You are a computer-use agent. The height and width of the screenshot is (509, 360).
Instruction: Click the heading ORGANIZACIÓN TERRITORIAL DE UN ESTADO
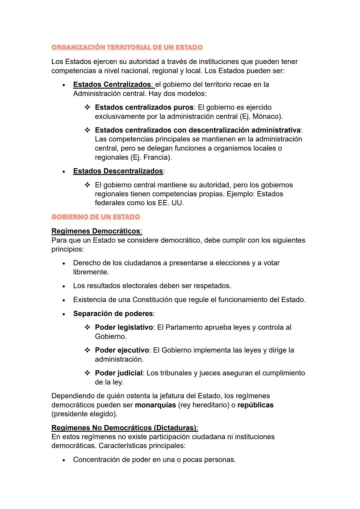(x=127, y=47)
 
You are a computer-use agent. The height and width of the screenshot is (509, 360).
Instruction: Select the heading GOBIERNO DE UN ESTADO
(x=96, y=217)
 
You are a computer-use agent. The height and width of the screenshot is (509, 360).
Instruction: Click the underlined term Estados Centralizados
(x=112, y=84)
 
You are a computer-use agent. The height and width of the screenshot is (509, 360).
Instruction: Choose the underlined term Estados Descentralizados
(x=118, y=171)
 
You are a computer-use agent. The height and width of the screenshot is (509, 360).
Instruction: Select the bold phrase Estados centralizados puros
(x=144, y=107)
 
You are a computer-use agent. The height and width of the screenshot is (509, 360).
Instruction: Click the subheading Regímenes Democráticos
(x=96, y=231)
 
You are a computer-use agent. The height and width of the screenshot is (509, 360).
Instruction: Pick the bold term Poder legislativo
(x=124, y=327)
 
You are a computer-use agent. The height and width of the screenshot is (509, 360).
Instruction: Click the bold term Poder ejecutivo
(x=122, y=350)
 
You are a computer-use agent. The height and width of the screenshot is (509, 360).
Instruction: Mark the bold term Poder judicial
(x=119, y=373)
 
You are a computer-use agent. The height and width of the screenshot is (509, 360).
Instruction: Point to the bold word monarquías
(x=155, y=405)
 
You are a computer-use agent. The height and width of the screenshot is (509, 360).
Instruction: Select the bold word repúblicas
(x=255, y=405)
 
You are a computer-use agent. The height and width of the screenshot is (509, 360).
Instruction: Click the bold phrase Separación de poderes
(x=113, y=314)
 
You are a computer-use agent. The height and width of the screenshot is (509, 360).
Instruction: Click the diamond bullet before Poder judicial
(x=87, y=373)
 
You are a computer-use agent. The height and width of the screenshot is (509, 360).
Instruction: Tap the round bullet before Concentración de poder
(x=64, y=460)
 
